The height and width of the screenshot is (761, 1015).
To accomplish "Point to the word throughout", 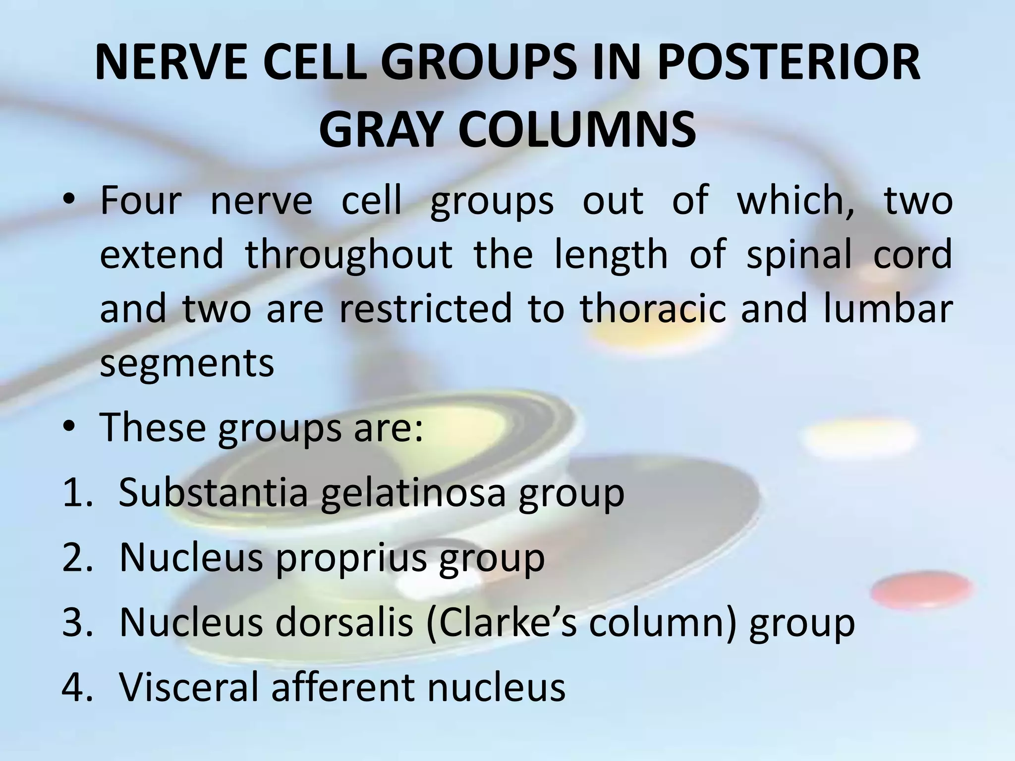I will [349, 254].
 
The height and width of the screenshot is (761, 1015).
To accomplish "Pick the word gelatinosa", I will [413, 493].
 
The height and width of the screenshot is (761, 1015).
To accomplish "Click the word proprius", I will [350, 558].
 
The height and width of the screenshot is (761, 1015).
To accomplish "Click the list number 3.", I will [77, 623].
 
